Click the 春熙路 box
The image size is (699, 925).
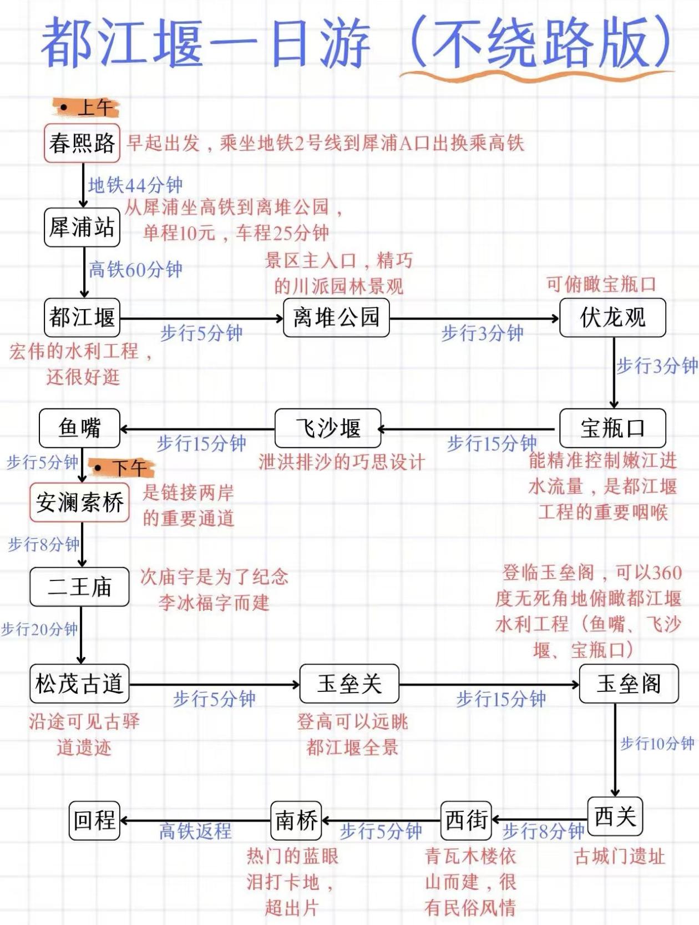(x=82, y=143)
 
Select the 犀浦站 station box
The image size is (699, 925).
(x=82, y=228)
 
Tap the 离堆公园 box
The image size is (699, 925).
(x=336, y=318)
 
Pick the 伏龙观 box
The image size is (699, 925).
(x=612, y=318)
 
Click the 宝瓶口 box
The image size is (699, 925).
(x=612, y=428)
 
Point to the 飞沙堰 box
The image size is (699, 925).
(x=328, y=428)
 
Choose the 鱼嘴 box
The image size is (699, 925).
(x=79, y=428)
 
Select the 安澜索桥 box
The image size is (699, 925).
(x=79, y=503)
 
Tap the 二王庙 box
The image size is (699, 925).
(x=79, y=587)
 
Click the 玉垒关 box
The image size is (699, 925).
(x=349, y=684)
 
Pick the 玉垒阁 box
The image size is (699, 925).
(x=629, y=684)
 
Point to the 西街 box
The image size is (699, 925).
(x=467, y=819)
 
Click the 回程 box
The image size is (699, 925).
(x=95, y=819)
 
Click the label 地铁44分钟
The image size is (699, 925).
(x=135, y=185)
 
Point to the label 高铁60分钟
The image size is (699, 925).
(x=136, y=270)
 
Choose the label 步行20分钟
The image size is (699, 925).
(x=39, y=629)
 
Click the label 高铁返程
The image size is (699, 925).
(x=195, y=831)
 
